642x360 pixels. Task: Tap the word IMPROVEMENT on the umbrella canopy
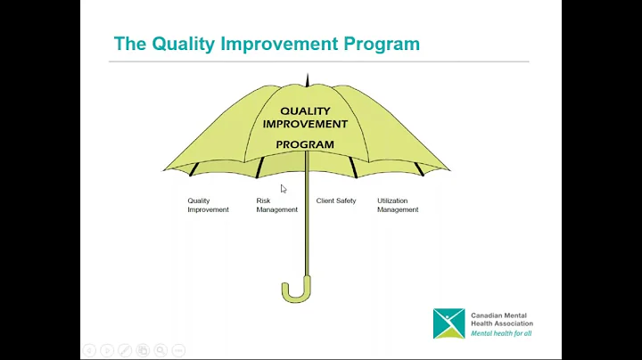pos(305,124)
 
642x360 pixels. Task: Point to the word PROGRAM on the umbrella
pos(305,144)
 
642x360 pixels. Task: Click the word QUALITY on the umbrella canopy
pos(305,111)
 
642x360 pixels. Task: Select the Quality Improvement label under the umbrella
pos(208,205)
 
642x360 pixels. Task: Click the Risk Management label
pos(276,205)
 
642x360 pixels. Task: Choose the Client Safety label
pos(336,201)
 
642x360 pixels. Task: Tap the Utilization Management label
pos(398,205)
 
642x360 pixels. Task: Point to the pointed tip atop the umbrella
pos(307,79)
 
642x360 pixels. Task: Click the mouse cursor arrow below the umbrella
pos(284,189)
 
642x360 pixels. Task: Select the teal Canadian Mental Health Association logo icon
pos(449,323)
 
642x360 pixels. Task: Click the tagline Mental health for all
pos(502,333)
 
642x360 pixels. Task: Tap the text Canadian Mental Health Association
pos(501,318)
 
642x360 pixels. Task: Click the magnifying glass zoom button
pos(160,350)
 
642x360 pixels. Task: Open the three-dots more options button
pos(178,350)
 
